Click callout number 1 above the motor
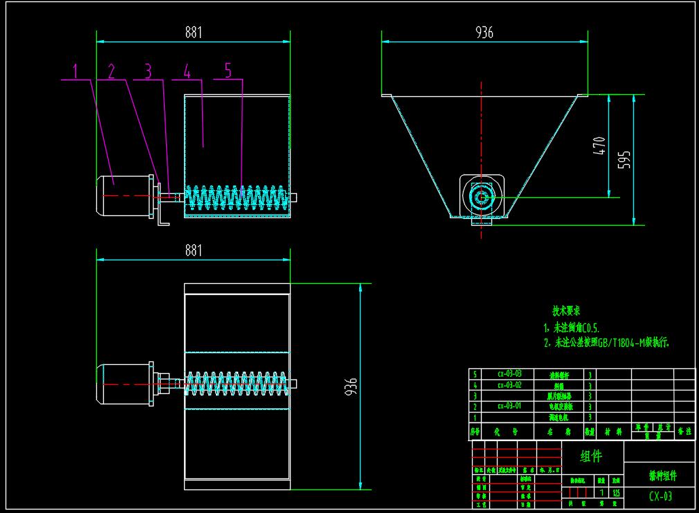point(78,71)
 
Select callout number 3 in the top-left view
point(147,71)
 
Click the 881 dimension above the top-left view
point(194,32)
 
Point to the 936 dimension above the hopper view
point(484,32)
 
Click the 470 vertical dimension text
point(599,145)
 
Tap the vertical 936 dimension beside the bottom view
point(352,385)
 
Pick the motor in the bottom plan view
point(125,381)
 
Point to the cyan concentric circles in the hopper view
point(482,197)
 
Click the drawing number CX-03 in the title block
point(660,496)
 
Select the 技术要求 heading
point(565,311)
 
